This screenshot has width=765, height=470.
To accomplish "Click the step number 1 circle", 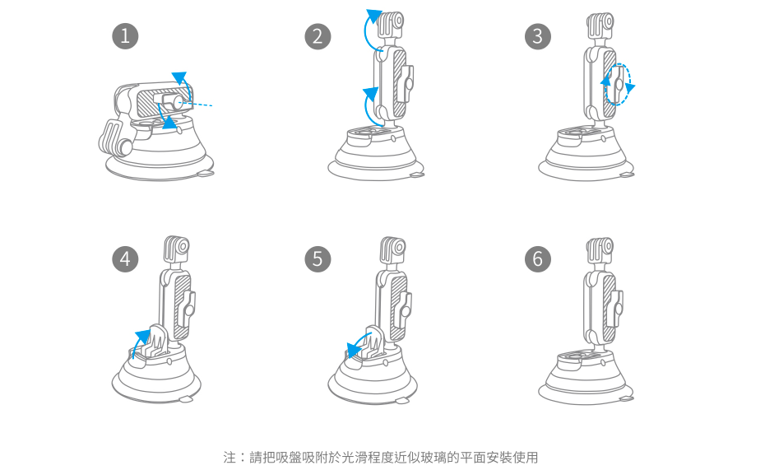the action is tap(125, 35).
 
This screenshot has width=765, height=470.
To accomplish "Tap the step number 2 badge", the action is tap(318, 35).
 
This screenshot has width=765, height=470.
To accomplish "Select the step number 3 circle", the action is tap(538, 35).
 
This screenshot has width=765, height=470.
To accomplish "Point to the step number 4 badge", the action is tap(125, 259).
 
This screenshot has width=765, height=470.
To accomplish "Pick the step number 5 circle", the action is tap(318, 259).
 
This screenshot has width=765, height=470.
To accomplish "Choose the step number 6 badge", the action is tap(538, 259).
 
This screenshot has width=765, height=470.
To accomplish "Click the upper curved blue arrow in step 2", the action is tap(370, 29).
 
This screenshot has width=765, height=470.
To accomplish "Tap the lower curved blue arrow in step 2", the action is tap(369, 103).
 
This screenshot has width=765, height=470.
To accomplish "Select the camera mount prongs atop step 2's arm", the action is tap(392, 25).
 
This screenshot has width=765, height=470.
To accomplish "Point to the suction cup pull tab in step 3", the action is tap(628, 174).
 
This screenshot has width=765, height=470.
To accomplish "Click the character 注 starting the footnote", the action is tap(229, 457).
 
